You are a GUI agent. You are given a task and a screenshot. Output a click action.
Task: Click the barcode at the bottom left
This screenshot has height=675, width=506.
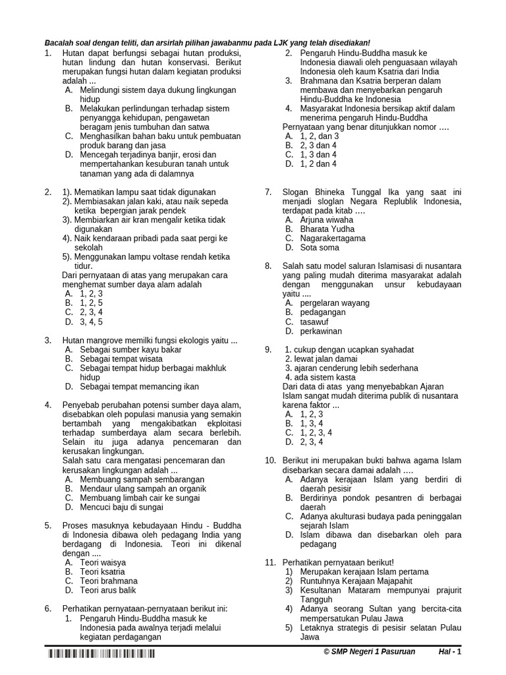pos(101,654)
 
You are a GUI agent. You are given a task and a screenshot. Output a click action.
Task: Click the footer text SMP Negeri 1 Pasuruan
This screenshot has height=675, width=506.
pos(370,652)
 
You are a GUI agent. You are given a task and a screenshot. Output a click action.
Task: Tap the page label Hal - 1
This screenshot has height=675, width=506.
pos(451,652)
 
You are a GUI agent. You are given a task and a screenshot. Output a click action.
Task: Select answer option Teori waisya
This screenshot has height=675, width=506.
pos(103,562)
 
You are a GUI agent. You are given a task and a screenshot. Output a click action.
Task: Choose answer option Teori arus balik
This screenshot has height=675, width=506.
pos(108,590)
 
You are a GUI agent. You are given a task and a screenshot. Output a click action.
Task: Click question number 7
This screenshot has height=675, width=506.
pos(268,192)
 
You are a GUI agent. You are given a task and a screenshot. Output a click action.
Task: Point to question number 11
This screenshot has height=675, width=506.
pos(269,562)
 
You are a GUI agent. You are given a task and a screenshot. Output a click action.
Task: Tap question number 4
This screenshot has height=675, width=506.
pos(48,404)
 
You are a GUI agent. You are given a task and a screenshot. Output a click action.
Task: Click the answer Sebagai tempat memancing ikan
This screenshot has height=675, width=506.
pos(139,386)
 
